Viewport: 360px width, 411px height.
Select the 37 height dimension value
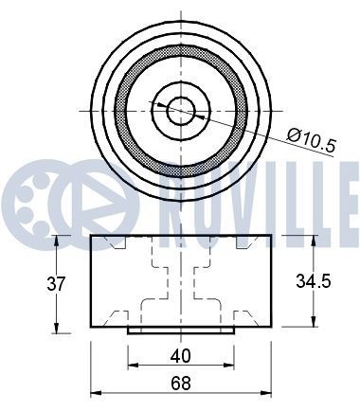click(56, 283)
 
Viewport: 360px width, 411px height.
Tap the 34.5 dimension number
click(314, 280)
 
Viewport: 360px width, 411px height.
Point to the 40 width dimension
click(181, 356)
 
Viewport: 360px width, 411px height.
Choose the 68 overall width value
click(181, 384)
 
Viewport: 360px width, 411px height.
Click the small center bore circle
click(181, 111)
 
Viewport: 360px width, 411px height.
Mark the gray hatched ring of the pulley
click(121, 111)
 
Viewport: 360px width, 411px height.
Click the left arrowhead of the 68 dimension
click(96, 393)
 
